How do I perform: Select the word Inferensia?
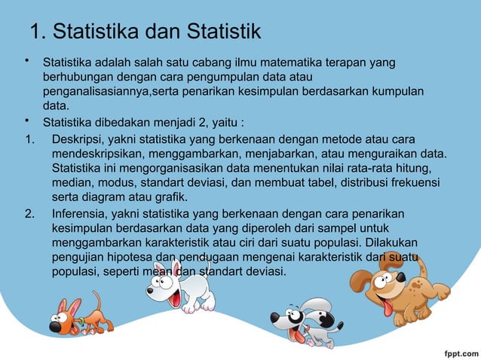80,213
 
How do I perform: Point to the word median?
71,182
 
